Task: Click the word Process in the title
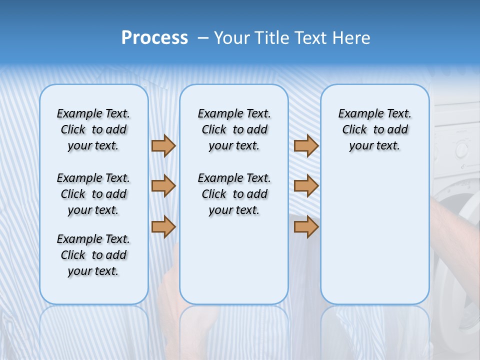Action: point(154,38)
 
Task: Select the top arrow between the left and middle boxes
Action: point(163,145)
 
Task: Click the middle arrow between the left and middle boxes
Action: point(163,186)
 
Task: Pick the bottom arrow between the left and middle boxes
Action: point(163,227)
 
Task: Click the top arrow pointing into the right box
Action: point(306,145)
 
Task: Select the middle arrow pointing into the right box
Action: point(306,186)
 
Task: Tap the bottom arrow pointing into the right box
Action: point(306,227)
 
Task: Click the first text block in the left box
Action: point(93,129)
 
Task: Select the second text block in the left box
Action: point(93,194)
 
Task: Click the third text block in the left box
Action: point(93,255)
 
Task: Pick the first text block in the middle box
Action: point(234,129)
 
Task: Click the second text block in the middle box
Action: point(234,194)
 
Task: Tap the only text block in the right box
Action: point(374,129)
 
